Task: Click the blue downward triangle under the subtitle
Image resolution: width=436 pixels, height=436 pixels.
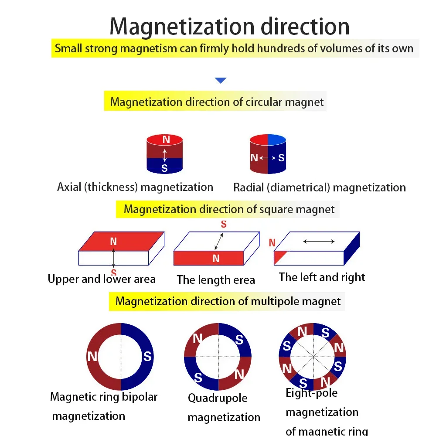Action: [221, 80]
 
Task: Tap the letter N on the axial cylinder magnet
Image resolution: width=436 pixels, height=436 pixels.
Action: [166, 140]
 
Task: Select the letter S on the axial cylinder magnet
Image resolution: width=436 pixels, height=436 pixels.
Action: [164, 169]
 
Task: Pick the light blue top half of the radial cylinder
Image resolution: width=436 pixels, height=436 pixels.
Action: [277, 140]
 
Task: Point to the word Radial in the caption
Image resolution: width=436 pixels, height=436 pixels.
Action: [248, 188]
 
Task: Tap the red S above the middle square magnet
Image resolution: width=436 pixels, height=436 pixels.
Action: [224, 225]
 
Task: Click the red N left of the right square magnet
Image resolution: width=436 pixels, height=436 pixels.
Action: [272, 243]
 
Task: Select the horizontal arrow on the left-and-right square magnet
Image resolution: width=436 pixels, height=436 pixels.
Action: [319, 241]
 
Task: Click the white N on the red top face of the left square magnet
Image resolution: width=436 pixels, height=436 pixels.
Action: [113, 241]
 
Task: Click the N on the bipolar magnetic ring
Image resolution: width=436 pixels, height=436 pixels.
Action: [92, 357]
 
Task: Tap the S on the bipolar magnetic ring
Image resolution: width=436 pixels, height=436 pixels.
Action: [148, 357]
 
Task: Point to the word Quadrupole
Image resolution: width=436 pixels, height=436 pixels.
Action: [218, 398]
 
